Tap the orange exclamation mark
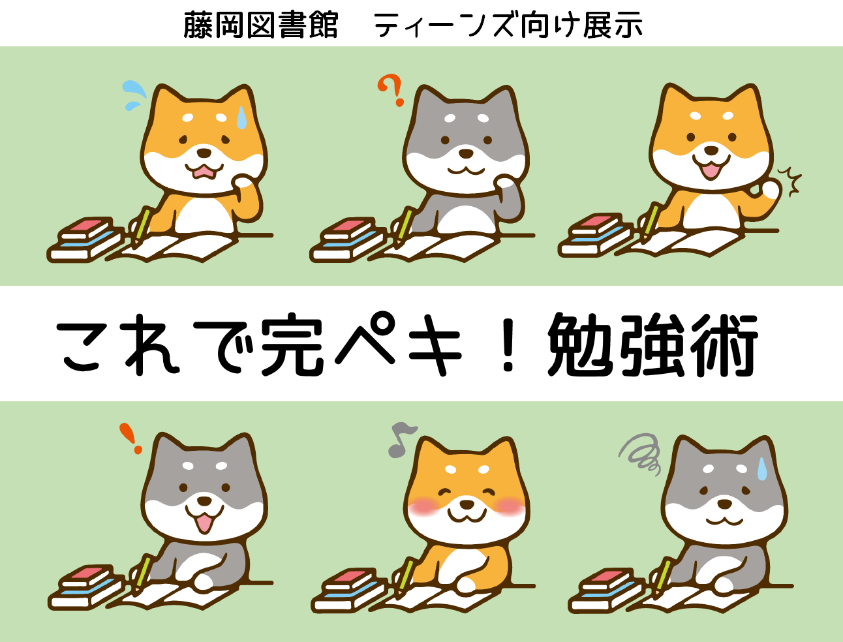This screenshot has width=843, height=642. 130,438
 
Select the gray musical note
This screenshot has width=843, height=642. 401,440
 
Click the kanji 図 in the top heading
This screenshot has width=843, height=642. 262,25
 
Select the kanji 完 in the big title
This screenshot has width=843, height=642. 292,344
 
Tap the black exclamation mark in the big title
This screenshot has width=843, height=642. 508,344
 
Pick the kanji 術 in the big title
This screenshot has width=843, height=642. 724,344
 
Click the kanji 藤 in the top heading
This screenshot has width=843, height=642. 198,25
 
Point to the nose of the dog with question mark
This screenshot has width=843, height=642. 466,153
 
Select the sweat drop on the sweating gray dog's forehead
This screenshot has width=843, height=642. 762,469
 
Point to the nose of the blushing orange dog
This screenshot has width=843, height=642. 467,503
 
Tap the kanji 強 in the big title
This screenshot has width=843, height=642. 653,344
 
